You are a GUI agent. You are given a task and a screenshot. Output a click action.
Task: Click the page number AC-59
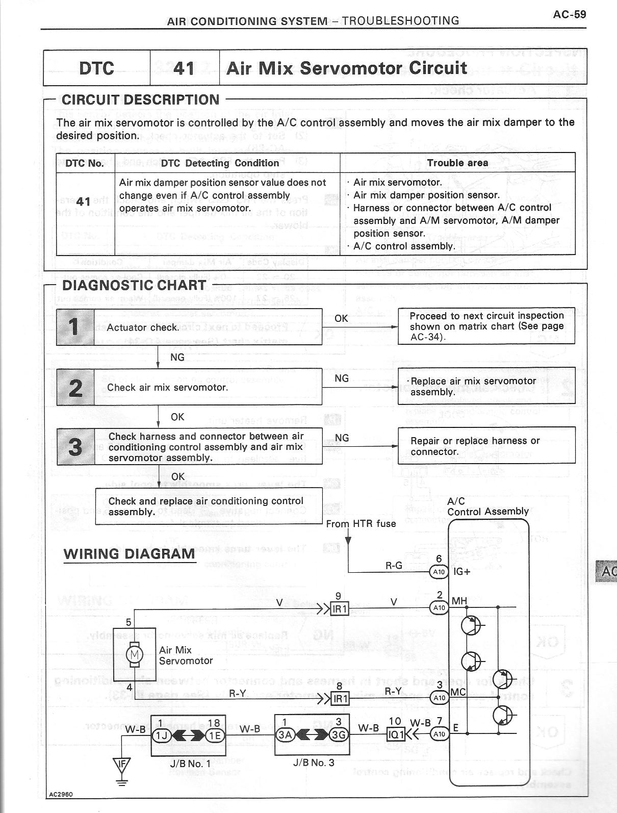[x=569, y=14]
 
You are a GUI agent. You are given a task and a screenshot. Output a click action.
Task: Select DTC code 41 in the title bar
[x=184, y=68]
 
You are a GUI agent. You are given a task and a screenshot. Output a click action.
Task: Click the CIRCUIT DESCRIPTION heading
[x=140, y=99]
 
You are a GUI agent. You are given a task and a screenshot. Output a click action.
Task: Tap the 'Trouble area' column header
[x=457, y=163]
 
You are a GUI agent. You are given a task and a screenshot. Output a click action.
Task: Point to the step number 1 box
[x=75, y=327]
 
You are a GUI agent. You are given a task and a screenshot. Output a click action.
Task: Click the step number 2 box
[x=75, y=387]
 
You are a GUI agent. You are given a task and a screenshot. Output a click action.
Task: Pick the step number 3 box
[x=75, y=446]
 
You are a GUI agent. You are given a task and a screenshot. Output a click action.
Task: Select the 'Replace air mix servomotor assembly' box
[x=486, y=387]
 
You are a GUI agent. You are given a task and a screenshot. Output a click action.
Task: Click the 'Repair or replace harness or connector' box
[x=486, y=446]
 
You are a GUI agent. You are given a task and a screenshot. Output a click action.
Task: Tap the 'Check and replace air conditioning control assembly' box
[x=209, y=506]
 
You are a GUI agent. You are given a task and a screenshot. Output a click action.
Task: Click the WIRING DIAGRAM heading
[x=129, y=553]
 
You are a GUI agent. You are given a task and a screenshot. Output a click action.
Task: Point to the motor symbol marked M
[x=135, y=654]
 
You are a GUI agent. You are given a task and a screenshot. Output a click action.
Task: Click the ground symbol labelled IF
[x=121, y=764]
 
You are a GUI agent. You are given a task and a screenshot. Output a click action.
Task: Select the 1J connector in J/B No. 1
[x=162, y=734]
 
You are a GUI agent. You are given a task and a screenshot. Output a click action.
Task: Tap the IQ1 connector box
[x=396, y=734]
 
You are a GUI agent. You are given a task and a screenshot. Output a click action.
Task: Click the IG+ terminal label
[x=462, y=572]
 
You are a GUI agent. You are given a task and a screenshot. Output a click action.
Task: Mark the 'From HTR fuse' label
[x=361, y=523]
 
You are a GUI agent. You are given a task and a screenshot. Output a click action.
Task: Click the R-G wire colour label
[x=394, y=565]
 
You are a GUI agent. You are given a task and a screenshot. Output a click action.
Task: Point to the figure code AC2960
[x=61, y=808]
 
